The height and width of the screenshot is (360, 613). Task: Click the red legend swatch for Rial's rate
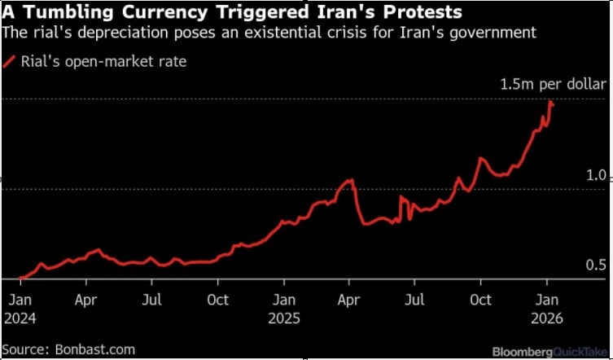coord(10,62)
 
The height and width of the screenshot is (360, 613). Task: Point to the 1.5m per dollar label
coord(554,84)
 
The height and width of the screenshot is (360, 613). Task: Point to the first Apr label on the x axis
coord(87,299)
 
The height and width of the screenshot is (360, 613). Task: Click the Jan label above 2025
coord(284,299)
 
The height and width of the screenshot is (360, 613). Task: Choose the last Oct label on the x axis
coord(481,299)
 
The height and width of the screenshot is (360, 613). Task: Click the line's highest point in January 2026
coord(551,102)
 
